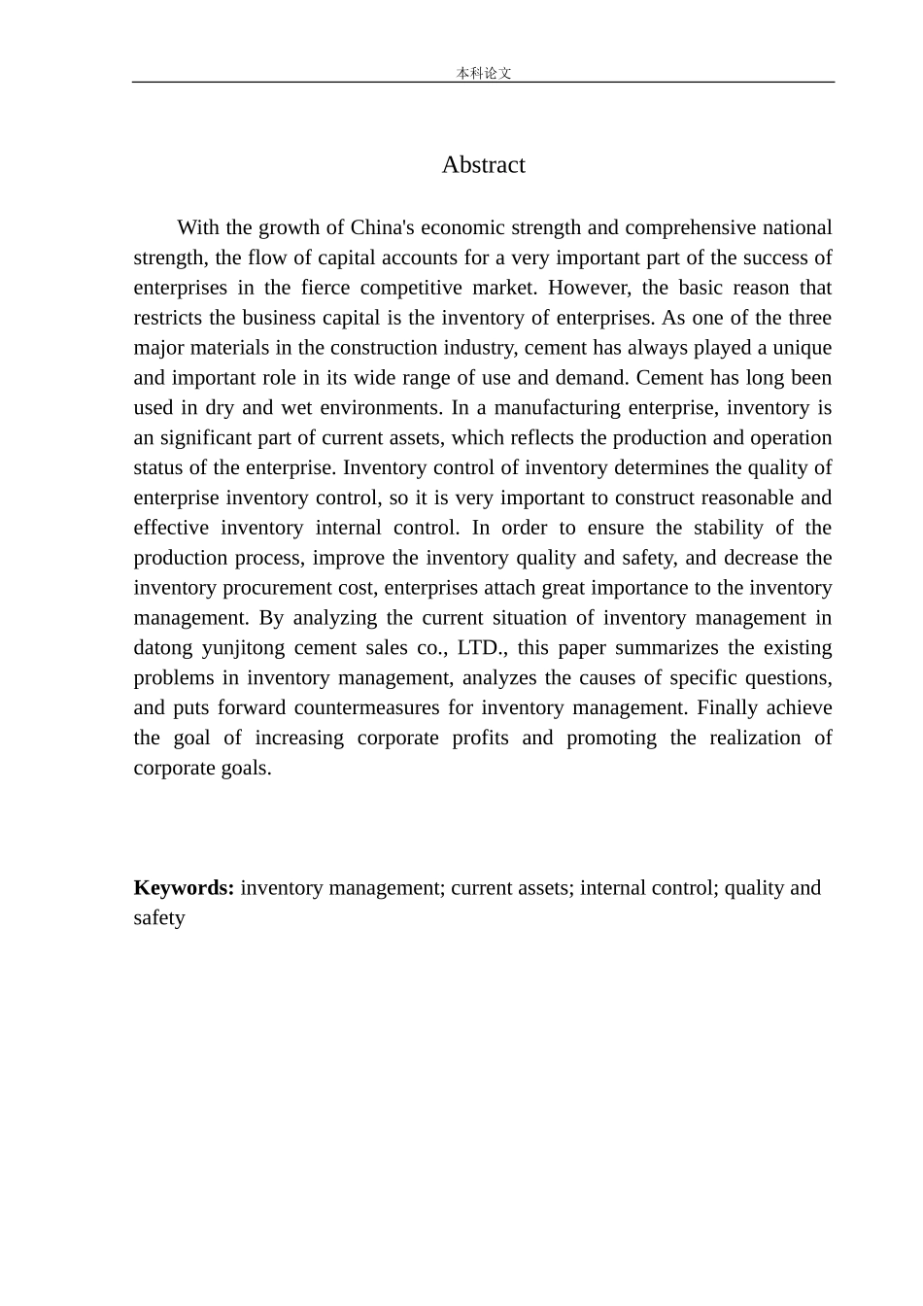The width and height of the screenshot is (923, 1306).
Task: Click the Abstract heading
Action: coord(483,165)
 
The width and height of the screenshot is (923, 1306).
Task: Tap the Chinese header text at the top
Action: coord(483,73)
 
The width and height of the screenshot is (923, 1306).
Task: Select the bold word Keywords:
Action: coord(184,888)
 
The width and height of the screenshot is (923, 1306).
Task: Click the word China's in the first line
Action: coord(383,228)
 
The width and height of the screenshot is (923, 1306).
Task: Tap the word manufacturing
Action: coord(556,409)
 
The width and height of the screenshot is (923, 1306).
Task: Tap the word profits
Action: coord(480,739)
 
